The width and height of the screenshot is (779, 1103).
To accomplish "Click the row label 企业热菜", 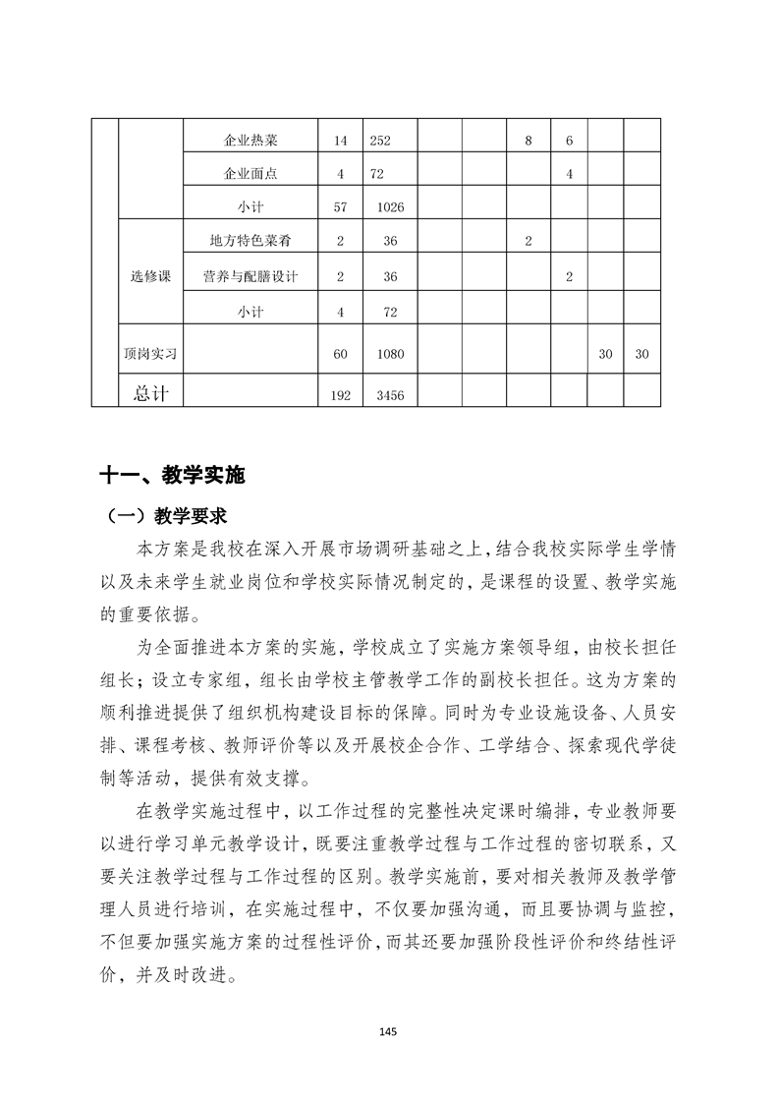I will [250, 141].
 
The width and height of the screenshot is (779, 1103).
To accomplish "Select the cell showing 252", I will [380, 141].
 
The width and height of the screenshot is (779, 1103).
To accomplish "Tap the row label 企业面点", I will [250, 174].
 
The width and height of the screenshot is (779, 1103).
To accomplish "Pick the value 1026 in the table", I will [390, 207].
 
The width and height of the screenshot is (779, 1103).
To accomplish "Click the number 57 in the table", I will [340, 207].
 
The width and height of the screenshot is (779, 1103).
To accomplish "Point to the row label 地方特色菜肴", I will [250, 241].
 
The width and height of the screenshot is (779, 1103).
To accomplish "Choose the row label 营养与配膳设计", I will [250, 277].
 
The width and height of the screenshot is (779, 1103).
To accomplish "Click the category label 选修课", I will [150, 277].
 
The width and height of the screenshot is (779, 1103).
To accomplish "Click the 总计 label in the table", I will [150, 393].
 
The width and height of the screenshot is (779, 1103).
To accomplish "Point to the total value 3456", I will [390, 394].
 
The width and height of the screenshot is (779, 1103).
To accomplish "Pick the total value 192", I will [340, 394].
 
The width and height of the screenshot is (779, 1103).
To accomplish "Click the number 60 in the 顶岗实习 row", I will [340, 354].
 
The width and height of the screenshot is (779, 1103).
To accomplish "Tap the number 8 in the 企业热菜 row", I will [529, 141].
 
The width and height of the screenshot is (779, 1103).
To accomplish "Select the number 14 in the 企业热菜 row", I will [340, 141].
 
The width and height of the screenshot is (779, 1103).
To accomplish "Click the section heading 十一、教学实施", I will [171, 477].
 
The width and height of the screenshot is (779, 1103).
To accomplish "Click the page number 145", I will [388, 1031].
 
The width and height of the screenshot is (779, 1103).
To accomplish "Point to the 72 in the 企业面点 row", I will [375, 174].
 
